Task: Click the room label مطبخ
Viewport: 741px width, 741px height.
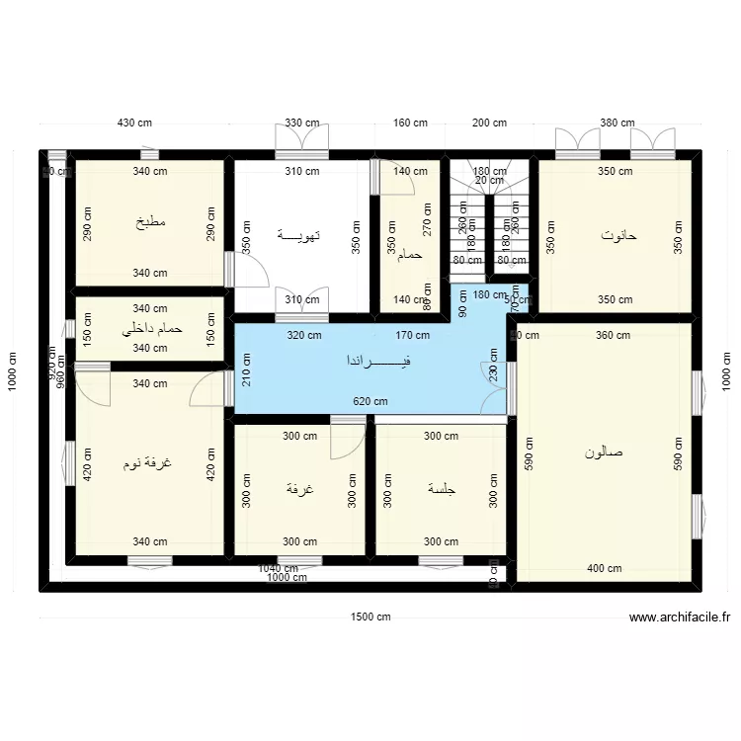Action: coord(151,222)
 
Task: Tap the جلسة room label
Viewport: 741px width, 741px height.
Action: coord(441,489)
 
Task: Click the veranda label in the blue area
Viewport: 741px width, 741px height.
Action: coord(377,362)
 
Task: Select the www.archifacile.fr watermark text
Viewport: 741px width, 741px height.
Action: coord(680,617)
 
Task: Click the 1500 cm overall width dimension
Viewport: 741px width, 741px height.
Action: coord(370,617)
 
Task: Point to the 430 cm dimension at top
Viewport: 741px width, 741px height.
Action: coord(135,123)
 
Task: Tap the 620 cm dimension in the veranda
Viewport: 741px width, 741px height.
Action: coord(370,401)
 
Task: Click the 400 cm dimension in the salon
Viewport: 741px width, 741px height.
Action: coord(604,568)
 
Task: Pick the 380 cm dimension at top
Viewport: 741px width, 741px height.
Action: coord(617,123)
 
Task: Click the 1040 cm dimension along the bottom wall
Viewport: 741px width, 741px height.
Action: coord(278,568)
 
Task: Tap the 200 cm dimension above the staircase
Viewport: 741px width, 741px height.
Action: coord(489,123)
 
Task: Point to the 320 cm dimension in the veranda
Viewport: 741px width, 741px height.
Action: coord(303,335)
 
